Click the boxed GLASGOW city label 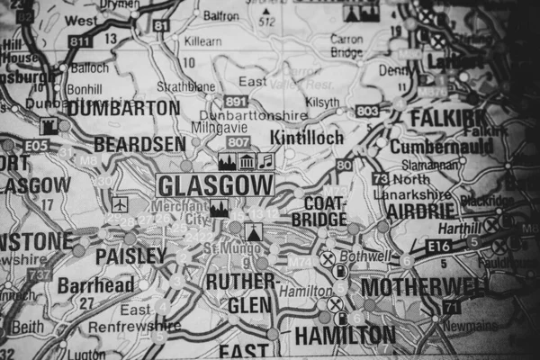coord(216,185)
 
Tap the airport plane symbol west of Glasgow coord(119,205)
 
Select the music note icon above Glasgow coord(265,162)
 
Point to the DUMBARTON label coord(123,108)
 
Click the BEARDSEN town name coord(139,144)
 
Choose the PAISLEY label coord(130,256)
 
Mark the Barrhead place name coord(95,285)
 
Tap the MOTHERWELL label coord(423,287)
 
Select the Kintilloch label coord(307,139)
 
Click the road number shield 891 coord(236,101)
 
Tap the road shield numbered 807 coord(238,142)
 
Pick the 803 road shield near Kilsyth coord(366,111)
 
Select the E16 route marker coord(439,245)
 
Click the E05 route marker coord(37,144)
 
